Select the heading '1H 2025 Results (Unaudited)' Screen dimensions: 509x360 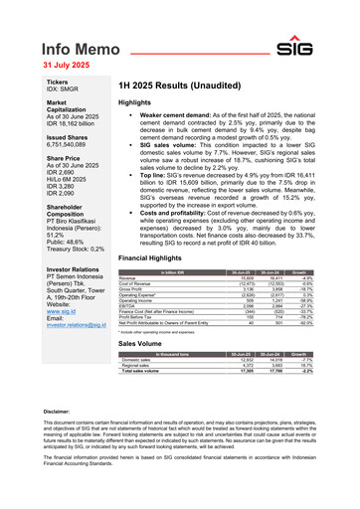(x=180, y=86)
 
